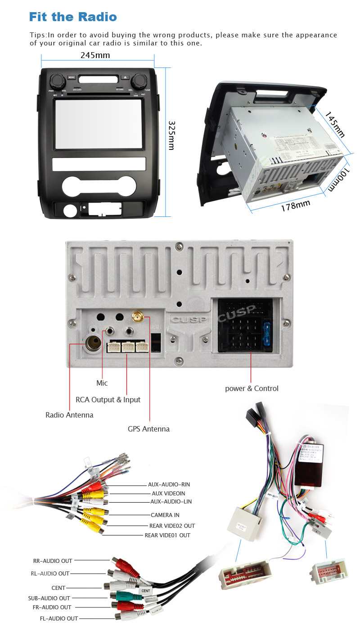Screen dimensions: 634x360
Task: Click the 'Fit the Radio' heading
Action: (x=73, y=17)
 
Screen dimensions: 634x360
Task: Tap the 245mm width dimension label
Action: (x=95, y=55)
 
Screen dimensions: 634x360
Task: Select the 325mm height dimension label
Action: (x=171, y=135)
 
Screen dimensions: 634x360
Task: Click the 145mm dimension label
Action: (x=335, y=125)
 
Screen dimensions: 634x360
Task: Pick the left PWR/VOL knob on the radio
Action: (x=57, y=81)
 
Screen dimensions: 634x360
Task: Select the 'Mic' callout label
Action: (x=102, y=383)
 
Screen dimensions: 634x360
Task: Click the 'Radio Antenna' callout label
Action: (x=69, y=415)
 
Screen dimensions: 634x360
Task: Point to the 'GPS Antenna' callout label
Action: (x=148, y=429)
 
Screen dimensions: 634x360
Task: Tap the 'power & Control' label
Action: (x=252, y=388)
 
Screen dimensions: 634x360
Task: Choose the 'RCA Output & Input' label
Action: (x=108, y=400)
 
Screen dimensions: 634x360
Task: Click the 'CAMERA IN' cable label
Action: (x=165, y=515)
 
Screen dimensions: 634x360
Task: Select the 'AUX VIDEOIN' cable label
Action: (x=168, y=493)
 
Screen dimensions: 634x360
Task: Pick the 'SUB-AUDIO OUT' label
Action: (x=49, y=598)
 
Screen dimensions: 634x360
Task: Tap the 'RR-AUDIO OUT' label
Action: (x=53, y=561)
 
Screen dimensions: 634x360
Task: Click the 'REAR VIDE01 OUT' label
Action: (x=167, y=535)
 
